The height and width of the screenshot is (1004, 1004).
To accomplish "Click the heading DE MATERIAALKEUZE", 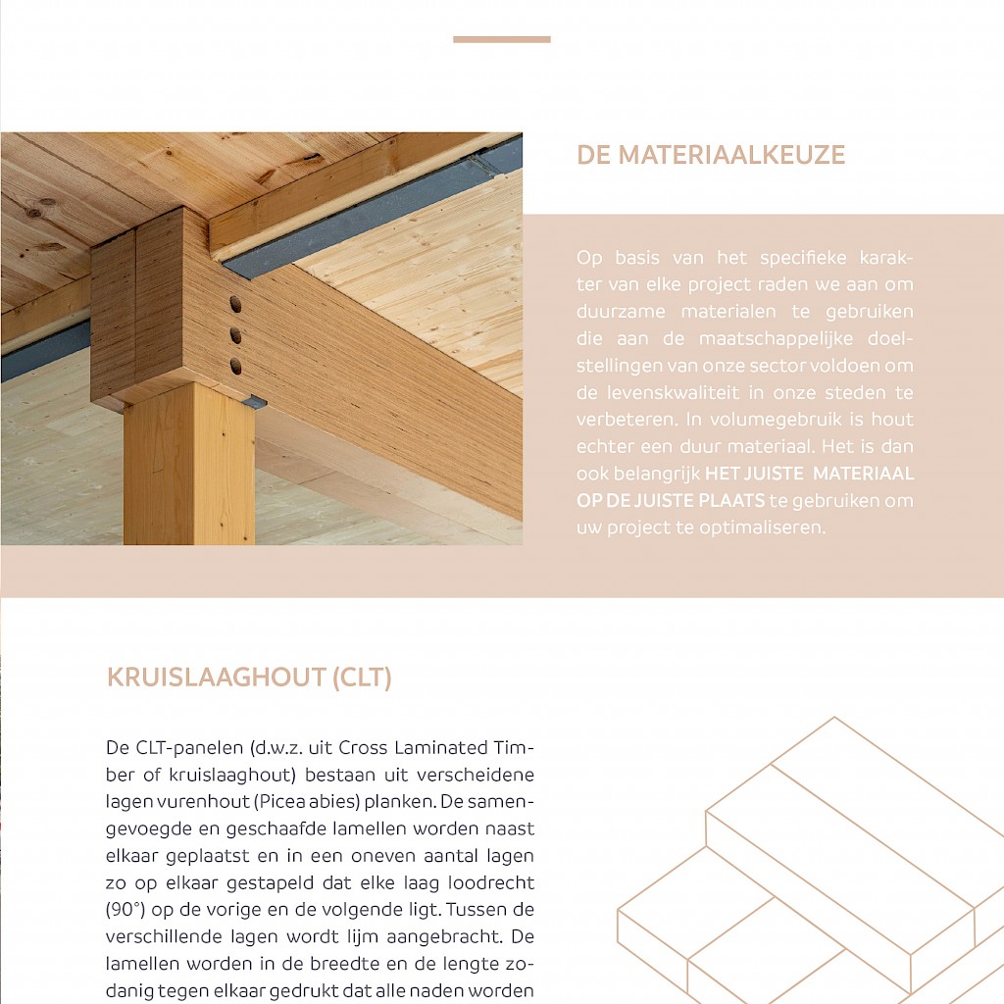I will tap(711, 155).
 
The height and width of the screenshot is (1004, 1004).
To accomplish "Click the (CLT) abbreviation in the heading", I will tap(362, 678).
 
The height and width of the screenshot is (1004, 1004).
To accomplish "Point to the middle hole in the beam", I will tap(235, 335).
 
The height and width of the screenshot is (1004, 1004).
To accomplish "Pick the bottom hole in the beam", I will tap(235, 367).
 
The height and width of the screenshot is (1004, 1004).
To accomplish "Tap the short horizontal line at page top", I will tap(501, 39).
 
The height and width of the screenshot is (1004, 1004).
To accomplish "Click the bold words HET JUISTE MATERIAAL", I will tap(809, 474).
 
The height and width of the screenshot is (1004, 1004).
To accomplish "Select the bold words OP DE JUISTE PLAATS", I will tap(671, 500).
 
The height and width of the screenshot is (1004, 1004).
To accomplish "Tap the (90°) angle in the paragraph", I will tap(125, 908).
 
